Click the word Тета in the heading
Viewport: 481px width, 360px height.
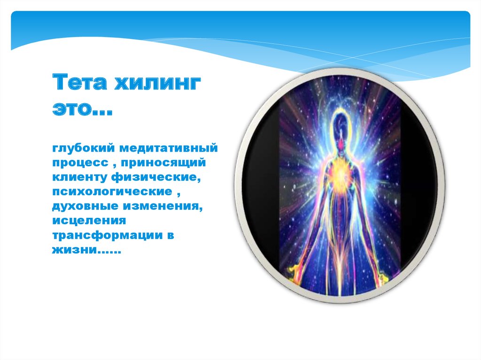tap(80, 82)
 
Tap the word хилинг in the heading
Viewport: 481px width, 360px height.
tap(158, 82)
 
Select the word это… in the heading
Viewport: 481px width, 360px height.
tap(83, 108)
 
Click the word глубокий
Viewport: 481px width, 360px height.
tap(83, 148)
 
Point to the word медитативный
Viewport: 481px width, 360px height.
tap(169, 148)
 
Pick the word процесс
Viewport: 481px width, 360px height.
tap(80, 163)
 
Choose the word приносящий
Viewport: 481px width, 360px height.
tap(163, 162)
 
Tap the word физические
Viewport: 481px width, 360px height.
tap(155, 177)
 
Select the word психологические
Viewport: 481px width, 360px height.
tap(112, 191)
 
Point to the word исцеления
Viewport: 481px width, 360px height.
tap(89, 221)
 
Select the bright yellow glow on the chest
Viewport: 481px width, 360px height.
tap(340, 174)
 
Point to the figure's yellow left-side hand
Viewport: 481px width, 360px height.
tap(294, 271)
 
